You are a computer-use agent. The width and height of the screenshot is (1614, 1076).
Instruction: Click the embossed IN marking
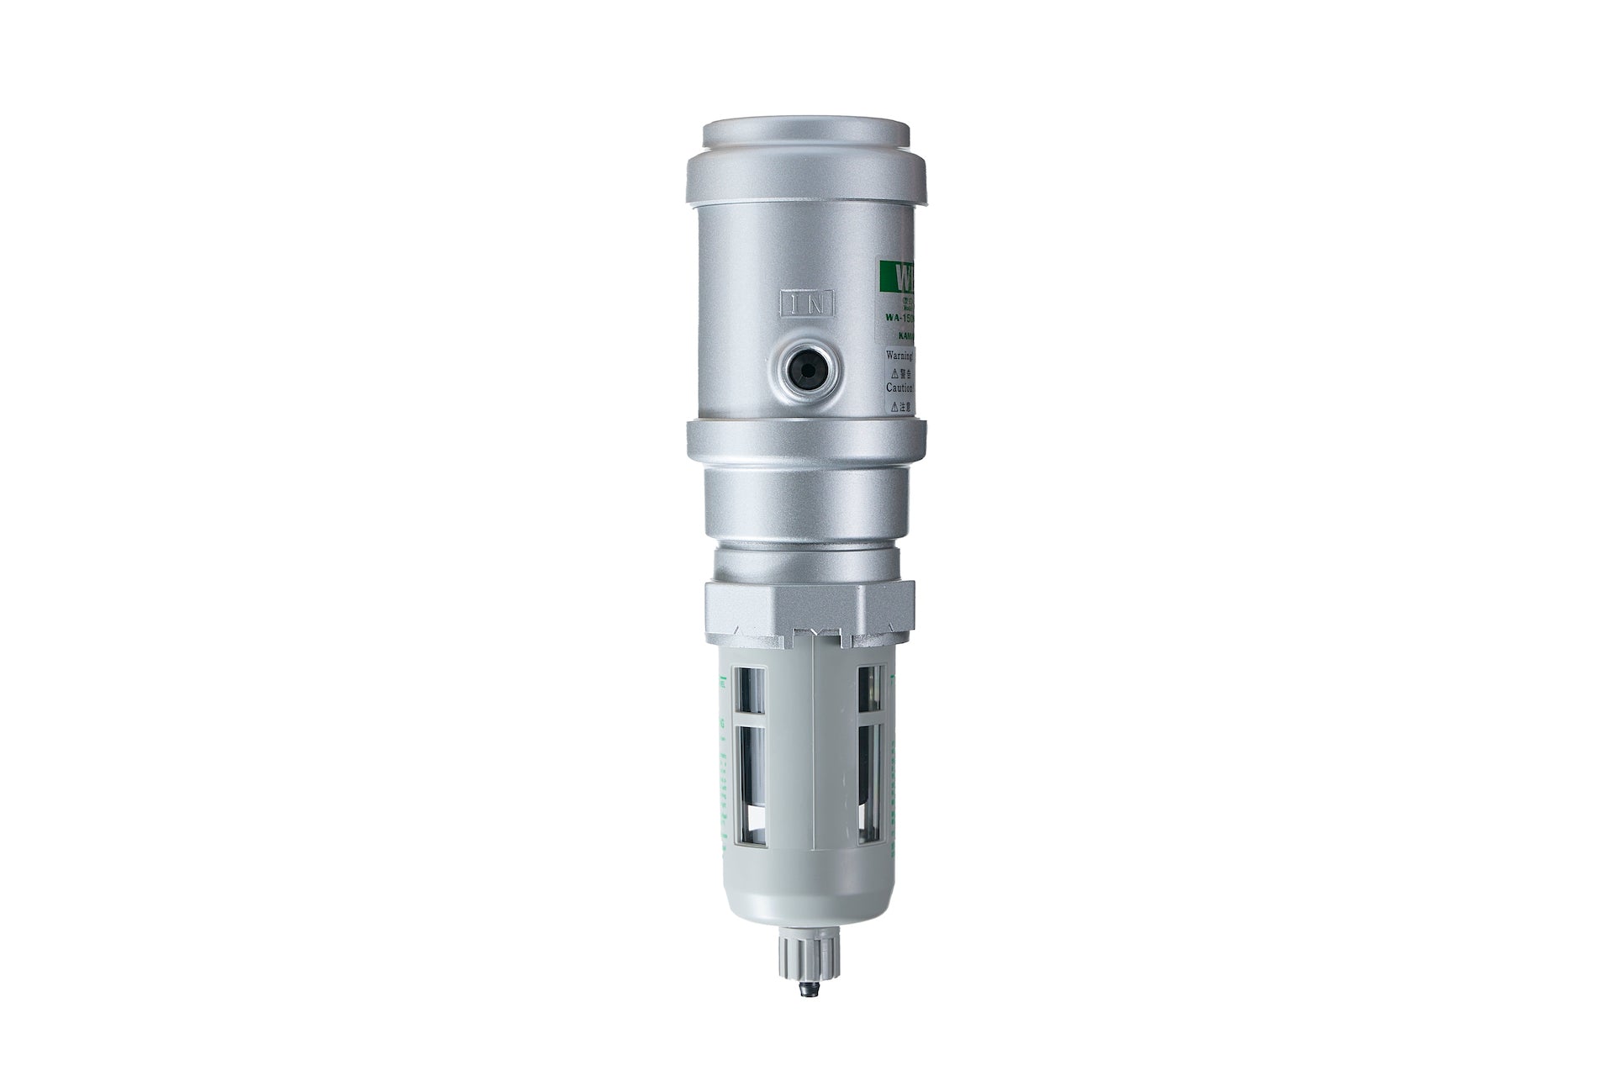(807, 303)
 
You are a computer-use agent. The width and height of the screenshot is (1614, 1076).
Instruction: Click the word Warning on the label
(903, 355)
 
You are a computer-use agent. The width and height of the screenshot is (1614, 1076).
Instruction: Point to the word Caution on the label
(905, 388)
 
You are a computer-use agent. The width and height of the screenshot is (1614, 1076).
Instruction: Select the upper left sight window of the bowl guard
(751, 691)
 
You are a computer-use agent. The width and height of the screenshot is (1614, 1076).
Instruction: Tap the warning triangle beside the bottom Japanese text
(894, 404)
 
